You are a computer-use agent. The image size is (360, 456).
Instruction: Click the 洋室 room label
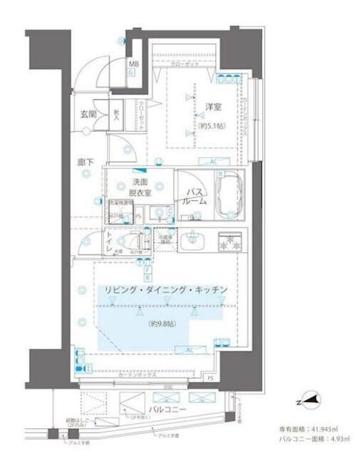[212, 107]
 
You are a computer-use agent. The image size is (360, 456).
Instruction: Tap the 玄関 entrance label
[88, 114]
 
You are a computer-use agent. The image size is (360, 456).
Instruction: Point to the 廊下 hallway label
[84, 162]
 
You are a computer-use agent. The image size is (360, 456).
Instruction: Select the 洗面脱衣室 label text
[139, 187]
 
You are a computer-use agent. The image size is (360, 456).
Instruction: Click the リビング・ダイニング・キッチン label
[165, 289]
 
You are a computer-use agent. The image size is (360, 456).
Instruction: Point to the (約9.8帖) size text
[163, 324]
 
